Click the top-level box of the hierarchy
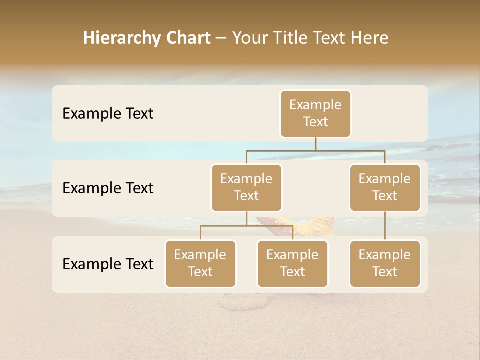point(315,113)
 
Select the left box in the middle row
point(246,187)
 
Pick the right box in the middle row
point(385,187)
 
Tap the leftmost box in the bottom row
point(200,263)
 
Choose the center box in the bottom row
point(292,263)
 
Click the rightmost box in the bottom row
point(385,263)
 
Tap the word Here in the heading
point(370,38)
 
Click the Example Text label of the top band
point(108,114)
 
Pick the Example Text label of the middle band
point(108,188)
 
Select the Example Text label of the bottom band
point(108,264)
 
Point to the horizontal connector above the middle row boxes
point(315,150)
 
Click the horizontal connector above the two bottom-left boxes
point(246,226)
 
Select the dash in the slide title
point(221,38)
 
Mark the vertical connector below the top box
point(315,144)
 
